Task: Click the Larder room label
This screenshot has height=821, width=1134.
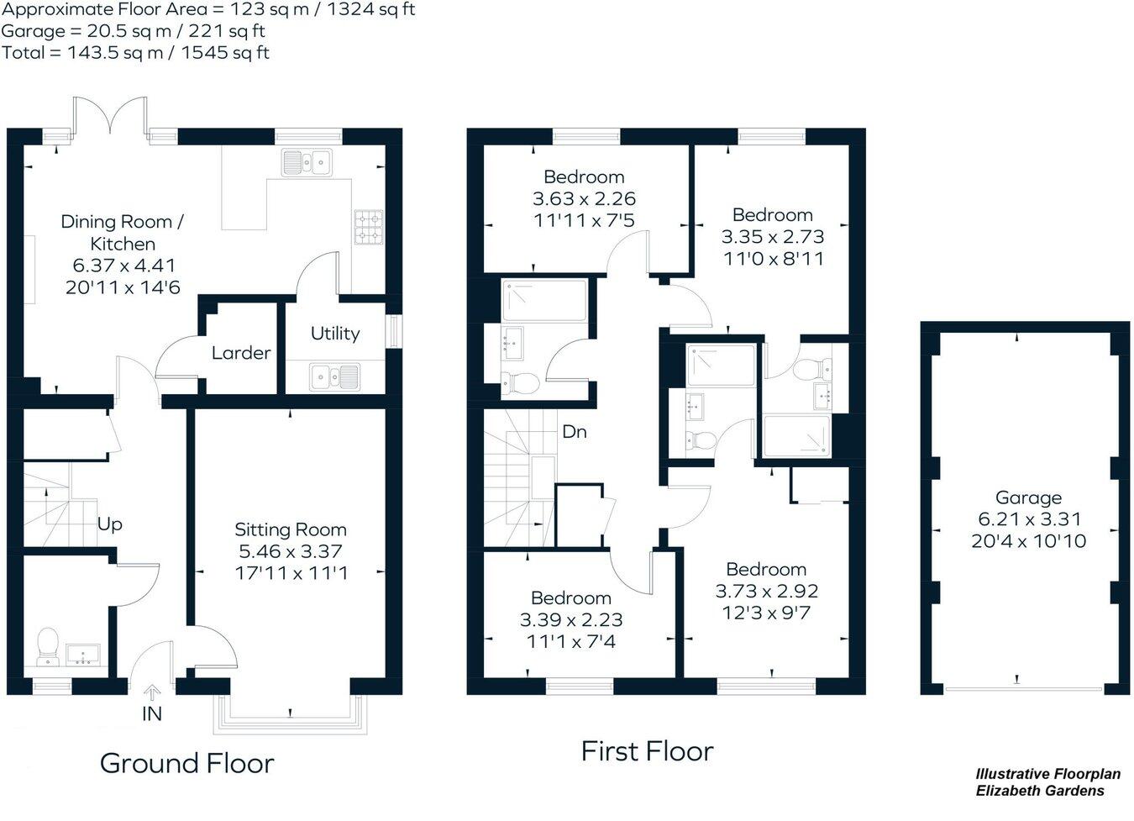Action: click(241, 353)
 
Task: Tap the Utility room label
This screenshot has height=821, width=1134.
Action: click(335, 334)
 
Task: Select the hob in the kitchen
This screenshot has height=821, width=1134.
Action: click(368, 226)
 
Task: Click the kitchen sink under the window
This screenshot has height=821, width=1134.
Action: click(307, 162)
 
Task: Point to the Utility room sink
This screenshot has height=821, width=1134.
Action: click(334, 376)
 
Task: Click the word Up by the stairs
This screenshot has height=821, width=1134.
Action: click(110, 524)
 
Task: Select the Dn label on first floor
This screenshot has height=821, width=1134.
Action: click(575, 432)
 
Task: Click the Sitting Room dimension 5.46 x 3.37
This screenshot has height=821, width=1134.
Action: click(291, 552)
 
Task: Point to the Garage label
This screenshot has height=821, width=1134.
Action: click(1028, 497)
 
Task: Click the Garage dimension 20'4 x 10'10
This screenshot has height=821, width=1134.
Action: click(1028, 541)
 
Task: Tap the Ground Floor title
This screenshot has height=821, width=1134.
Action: click(186, 763)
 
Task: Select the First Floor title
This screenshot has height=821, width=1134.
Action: click(647, 750)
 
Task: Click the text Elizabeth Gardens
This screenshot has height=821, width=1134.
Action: click(1040, 791)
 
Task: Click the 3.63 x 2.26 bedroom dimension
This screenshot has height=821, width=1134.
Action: click(584, 199)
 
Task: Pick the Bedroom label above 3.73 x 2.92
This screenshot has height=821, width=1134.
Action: click(766, 569)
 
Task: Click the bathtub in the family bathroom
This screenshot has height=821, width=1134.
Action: click(543, 300)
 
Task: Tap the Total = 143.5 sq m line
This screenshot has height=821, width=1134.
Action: click(135, 53)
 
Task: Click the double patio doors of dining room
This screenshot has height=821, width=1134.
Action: click(111, 118)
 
